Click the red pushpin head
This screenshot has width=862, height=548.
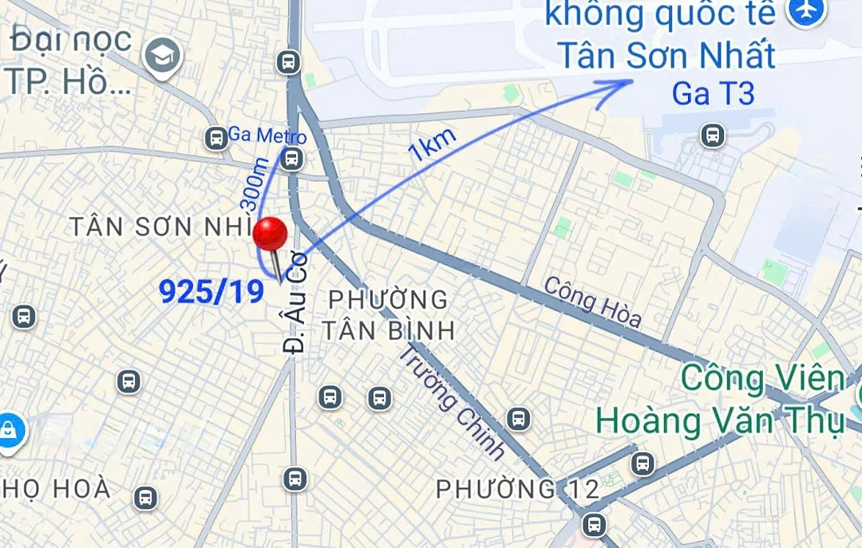270,234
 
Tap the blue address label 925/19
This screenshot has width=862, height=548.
212,292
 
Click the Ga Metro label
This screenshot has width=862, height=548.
267,136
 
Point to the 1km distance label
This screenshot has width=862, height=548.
433,144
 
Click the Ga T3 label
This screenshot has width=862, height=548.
713,93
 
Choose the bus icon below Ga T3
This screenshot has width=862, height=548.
713,136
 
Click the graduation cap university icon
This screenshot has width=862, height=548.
163,55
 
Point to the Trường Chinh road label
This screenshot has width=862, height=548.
452,402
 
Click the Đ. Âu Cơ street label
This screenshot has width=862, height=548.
297,309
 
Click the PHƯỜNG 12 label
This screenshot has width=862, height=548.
517,488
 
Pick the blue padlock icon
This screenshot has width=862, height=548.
10,432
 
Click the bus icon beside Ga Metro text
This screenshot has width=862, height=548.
215,138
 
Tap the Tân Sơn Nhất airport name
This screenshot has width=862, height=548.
666,55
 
